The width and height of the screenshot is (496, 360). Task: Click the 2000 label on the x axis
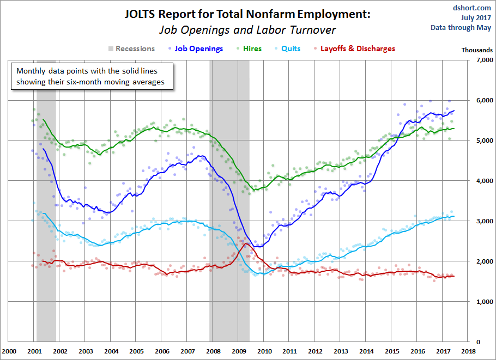coord(9,351)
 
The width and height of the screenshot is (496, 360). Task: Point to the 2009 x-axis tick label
coord(238,351)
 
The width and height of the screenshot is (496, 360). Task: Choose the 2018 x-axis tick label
coord(468,351)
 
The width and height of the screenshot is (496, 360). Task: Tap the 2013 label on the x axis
coord(340,351)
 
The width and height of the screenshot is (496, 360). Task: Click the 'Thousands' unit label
coord(477,50)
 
